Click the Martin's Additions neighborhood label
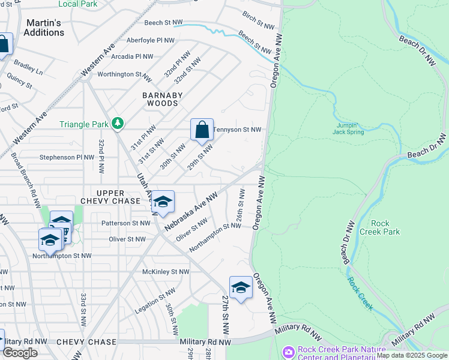(x=43, y=28)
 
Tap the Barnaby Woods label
(x=160, y=99)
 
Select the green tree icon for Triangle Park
(x=118, y=124)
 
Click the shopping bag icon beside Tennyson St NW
(x=202, y=130)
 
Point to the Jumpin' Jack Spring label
(x=349, y=128)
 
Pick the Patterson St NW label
(x=125, y=223)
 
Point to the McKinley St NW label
(x=166, y=272)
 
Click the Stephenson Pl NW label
(x=67, y=157)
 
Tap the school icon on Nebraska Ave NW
(x=162, y=203)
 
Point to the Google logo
(x=20, y=353)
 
